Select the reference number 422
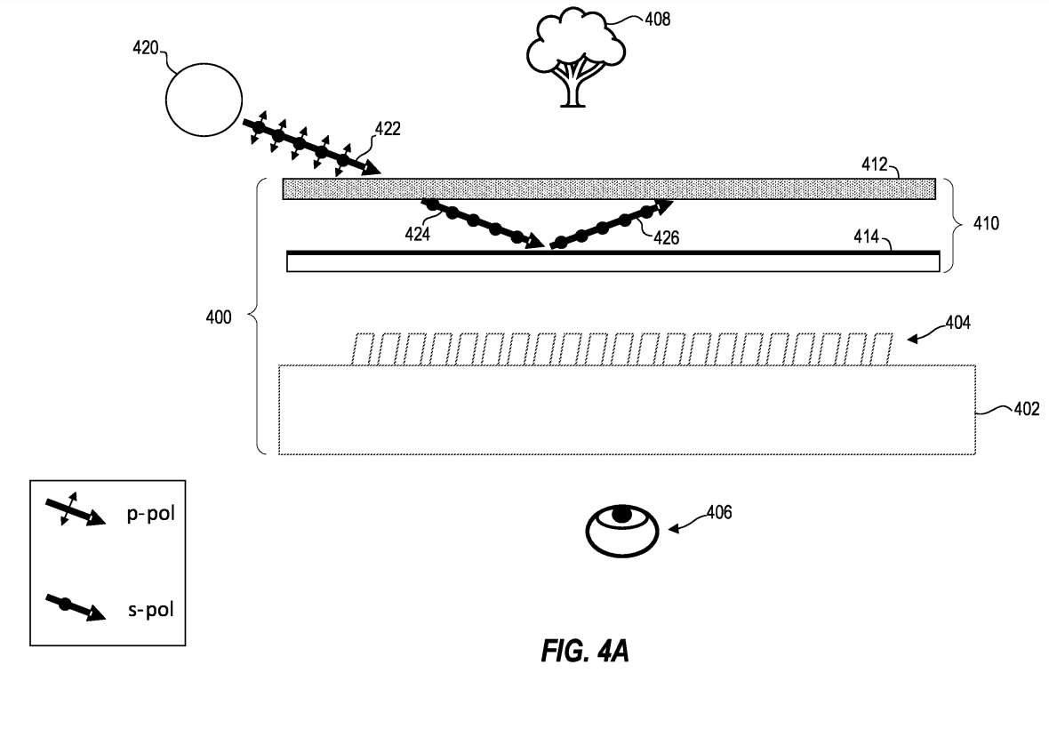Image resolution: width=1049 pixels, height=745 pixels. pyautogui.click(x=387, y=129)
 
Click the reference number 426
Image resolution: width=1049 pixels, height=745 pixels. pyautogui.click(x=667, y=237)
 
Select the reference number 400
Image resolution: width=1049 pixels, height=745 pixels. pyautogui.click(x=217, y=316)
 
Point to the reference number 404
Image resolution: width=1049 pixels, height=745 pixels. pyautogui.click(x=957, y=324)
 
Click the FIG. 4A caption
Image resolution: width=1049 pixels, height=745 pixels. pyautogui.click(x=585, y=651)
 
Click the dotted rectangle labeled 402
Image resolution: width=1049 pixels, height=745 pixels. pyautogui.click(x=627, y=410)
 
